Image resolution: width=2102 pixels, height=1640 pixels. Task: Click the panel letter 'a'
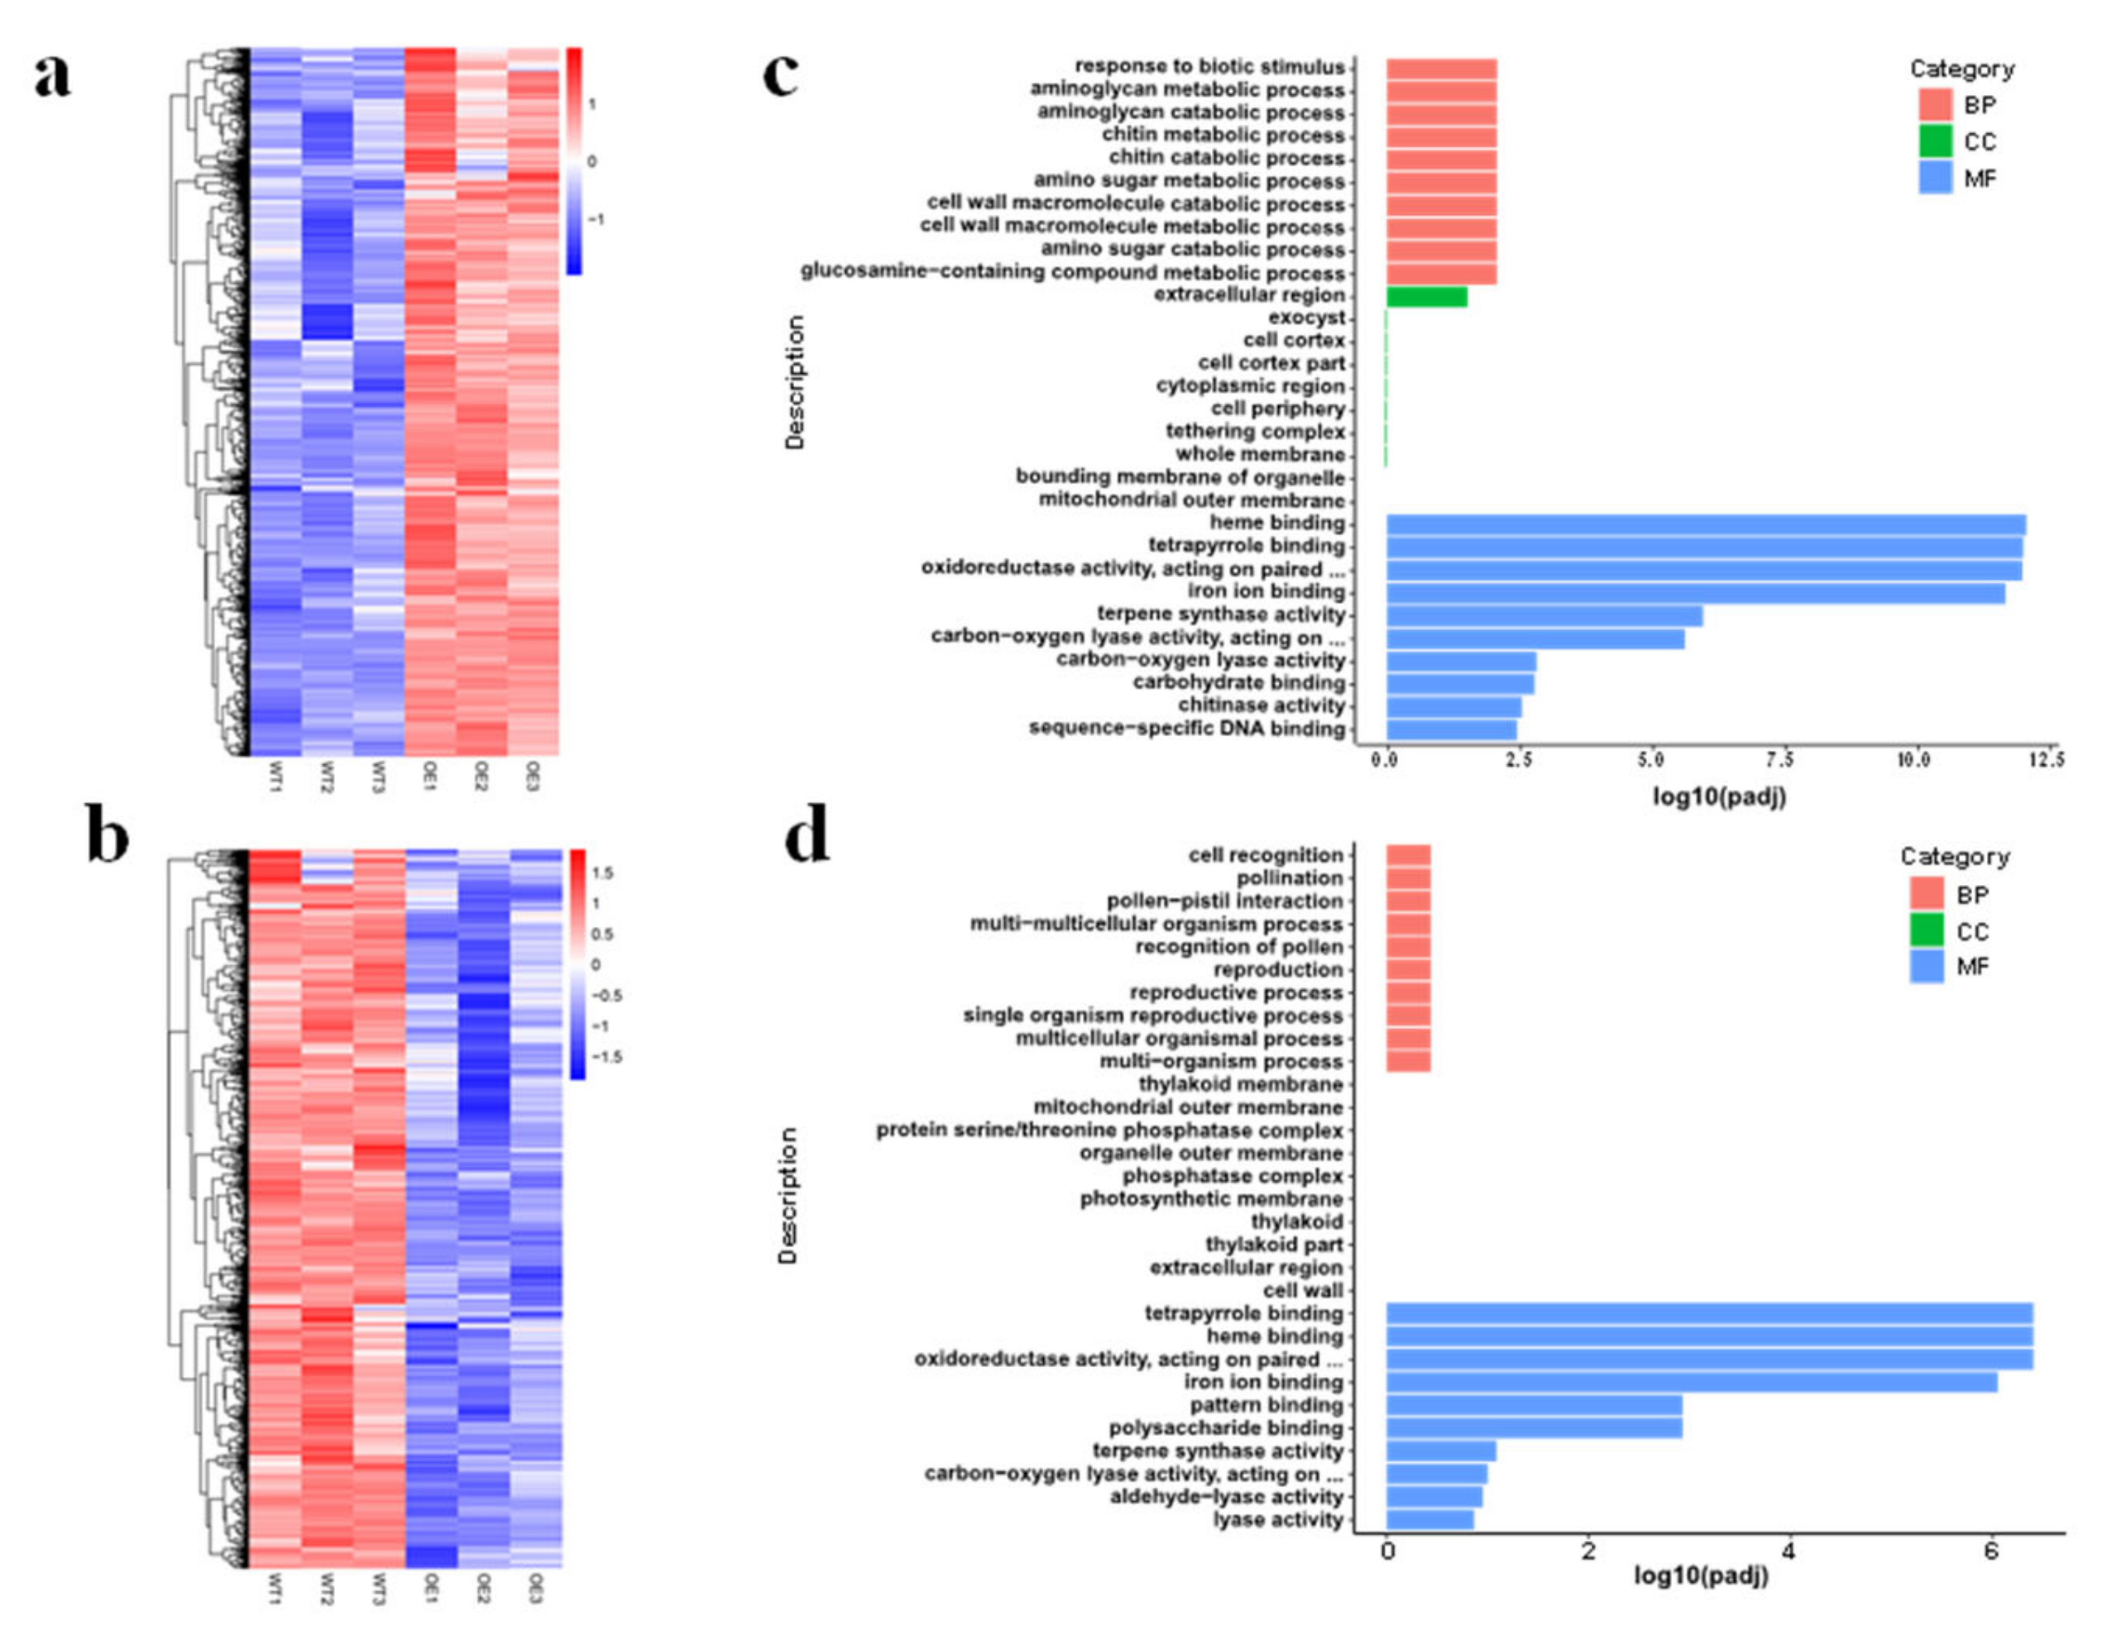pos(53,77)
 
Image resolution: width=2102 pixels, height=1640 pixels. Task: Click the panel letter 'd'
pos(807,836)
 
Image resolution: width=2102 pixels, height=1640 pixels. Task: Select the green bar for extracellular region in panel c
pos(1426,296)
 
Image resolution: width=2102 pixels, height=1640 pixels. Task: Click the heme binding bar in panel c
pos(1706,524)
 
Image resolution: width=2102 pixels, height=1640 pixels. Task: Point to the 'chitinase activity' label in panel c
pos(1261,705)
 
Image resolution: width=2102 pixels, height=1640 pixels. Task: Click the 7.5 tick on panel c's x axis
pos(1779,760)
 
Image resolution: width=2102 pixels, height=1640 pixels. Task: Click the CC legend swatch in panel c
pos(1935,141)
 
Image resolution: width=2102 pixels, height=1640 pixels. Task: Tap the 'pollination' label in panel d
pos(1289,877)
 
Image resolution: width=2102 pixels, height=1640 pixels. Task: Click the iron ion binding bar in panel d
pos(1691,1382)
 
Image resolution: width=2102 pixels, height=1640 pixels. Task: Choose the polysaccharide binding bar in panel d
pos(1535,1428)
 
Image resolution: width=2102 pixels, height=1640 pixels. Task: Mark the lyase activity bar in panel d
pos(1429,1520)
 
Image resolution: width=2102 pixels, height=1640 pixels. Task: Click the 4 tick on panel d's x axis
pos(1789,1552)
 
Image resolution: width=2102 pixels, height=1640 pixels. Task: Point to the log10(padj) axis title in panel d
pos(1701,1576)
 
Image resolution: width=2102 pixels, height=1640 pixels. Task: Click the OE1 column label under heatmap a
pos(430,776)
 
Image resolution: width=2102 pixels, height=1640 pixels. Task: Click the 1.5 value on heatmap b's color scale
pos(602,873)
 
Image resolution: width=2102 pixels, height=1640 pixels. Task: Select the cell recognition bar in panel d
pos(1408,856)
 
